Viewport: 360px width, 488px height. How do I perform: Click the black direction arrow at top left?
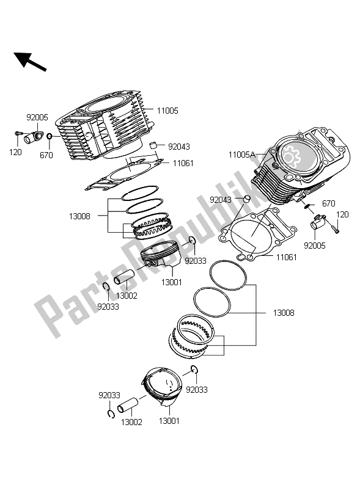(x=30, y=61)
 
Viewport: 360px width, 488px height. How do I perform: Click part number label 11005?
(x=167, y=111)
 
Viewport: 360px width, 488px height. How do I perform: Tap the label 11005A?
(x=241, y=155)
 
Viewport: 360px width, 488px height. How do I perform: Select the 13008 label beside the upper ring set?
(x=79, y=216)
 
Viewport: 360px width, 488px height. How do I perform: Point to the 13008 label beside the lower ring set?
(x=284, y=313)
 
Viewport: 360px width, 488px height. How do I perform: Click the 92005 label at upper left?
(x=37, y=117)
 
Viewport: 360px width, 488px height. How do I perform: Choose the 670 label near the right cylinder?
(x=329, y=203)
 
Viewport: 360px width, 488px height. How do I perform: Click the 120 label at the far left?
(x=15, y=152)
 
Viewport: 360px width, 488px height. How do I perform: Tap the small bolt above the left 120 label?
(x=18, y=134)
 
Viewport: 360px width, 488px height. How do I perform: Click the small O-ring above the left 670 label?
(x=50, y=136)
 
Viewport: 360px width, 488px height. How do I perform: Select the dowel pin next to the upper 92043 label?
(x=153, y=145)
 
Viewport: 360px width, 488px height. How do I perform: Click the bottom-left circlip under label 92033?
(x=111, y=414)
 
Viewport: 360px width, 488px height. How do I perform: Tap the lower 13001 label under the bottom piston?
(x=169, y=421)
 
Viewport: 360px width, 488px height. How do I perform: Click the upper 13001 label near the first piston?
(x=172, y=282)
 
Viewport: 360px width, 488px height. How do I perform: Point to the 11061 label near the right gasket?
(x=287, y=257)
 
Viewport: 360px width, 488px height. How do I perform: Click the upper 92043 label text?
(x=178, y=147)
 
